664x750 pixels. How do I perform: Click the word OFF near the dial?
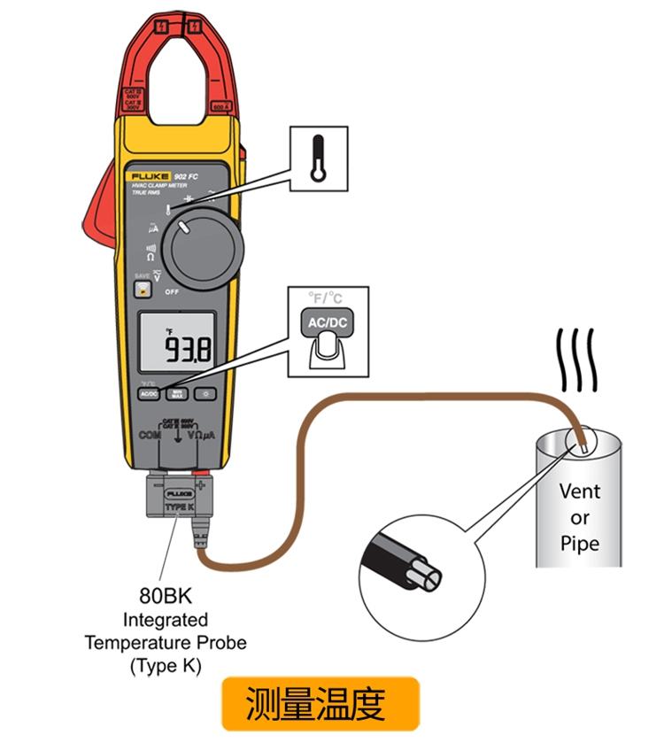[147, 291]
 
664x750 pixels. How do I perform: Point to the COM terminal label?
[148, 437]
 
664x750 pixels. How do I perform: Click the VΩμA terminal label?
[201, 437]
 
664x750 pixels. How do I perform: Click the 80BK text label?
[165, 595]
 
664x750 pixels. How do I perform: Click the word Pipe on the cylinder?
[579, 542]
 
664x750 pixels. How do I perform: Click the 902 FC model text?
[185, 177]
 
